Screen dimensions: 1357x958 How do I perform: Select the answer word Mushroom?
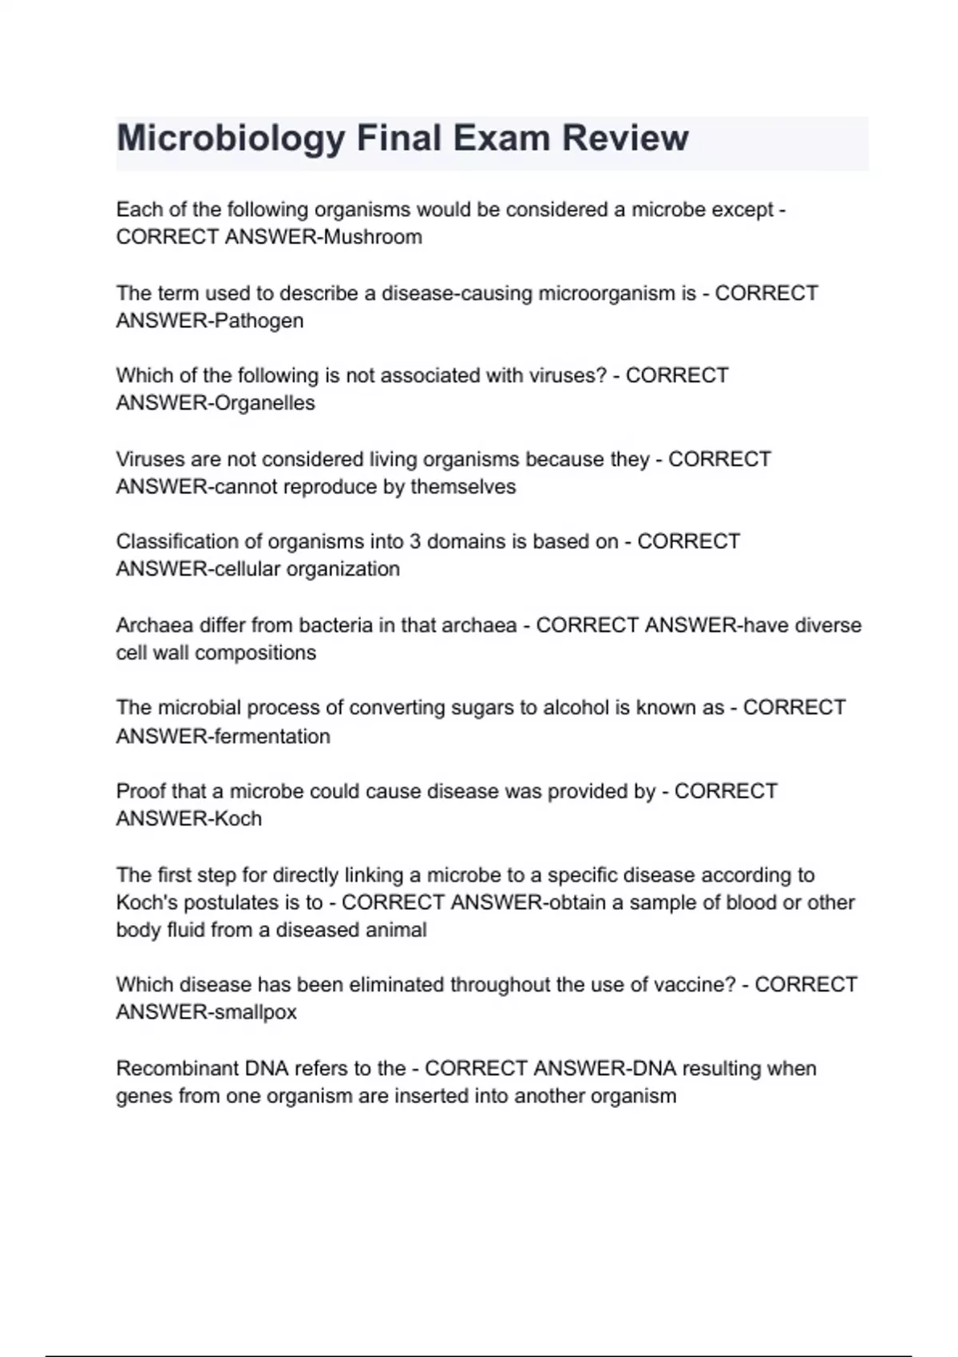coord(373,237)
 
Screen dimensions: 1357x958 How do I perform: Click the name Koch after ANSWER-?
coord(238,819)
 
